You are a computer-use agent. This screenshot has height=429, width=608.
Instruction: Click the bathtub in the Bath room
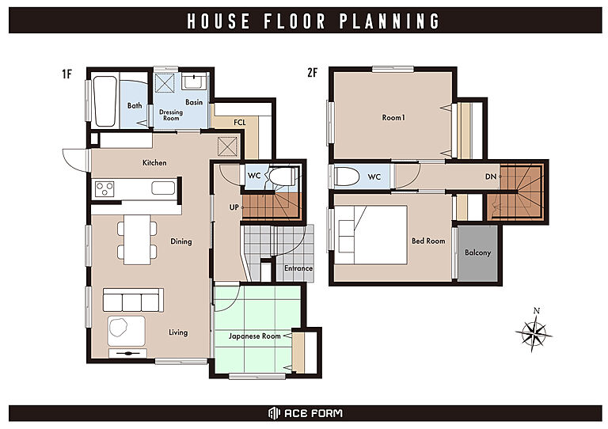point(105,101)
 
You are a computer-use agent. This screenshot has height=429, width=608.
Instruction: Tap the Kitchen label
point(154,163)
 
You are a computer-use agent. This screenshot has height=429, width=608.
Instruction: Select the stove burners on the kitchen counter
point(104,188)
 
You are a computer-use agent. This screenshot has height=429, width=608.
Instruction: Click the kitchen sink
point(163,188)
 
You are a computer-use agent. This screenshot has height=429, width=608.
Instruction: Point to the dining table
point(137,240)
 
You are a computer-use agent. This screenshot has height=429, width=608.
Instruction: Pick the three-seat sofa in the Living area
point(133,300)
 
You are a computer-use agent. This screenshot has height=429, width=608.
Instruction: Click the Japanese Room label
point(254,336)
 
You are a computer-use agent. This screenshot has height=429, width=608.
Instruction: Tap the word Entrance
point(298,268)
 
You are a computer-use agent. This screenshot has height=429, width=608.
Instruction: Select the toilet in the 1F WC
point(282,177)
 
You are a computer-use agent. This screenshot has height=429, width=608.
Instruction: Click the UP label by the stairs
point(234,207)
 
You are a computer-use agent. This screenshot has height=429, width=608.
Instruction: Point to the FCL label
point(240,123)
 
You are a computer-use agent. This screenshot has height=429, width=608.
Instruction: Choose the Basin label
point(194,102)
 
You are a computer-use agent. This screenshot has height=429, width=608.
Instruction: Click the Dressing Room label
point(171,115)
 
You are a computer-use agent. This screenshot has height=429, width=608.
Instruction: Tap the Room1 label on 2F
point(393,117)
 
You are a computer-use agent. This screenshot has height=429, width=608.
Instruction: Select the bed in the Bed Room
point(371,235)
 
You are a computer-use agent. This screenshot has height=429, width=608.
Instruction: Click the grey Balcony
point(477,253)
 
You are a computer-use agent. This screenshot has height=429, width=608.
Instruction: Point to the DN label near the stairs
point(491,177)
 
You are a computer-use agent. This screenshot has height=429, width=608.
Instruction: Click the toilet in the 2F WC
point(347,177)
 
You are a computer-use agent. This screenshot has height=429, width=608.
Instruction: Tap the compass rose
point(534,332)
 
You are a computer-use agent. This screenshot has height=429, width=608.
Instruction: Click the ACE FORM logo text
point(313,413)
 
